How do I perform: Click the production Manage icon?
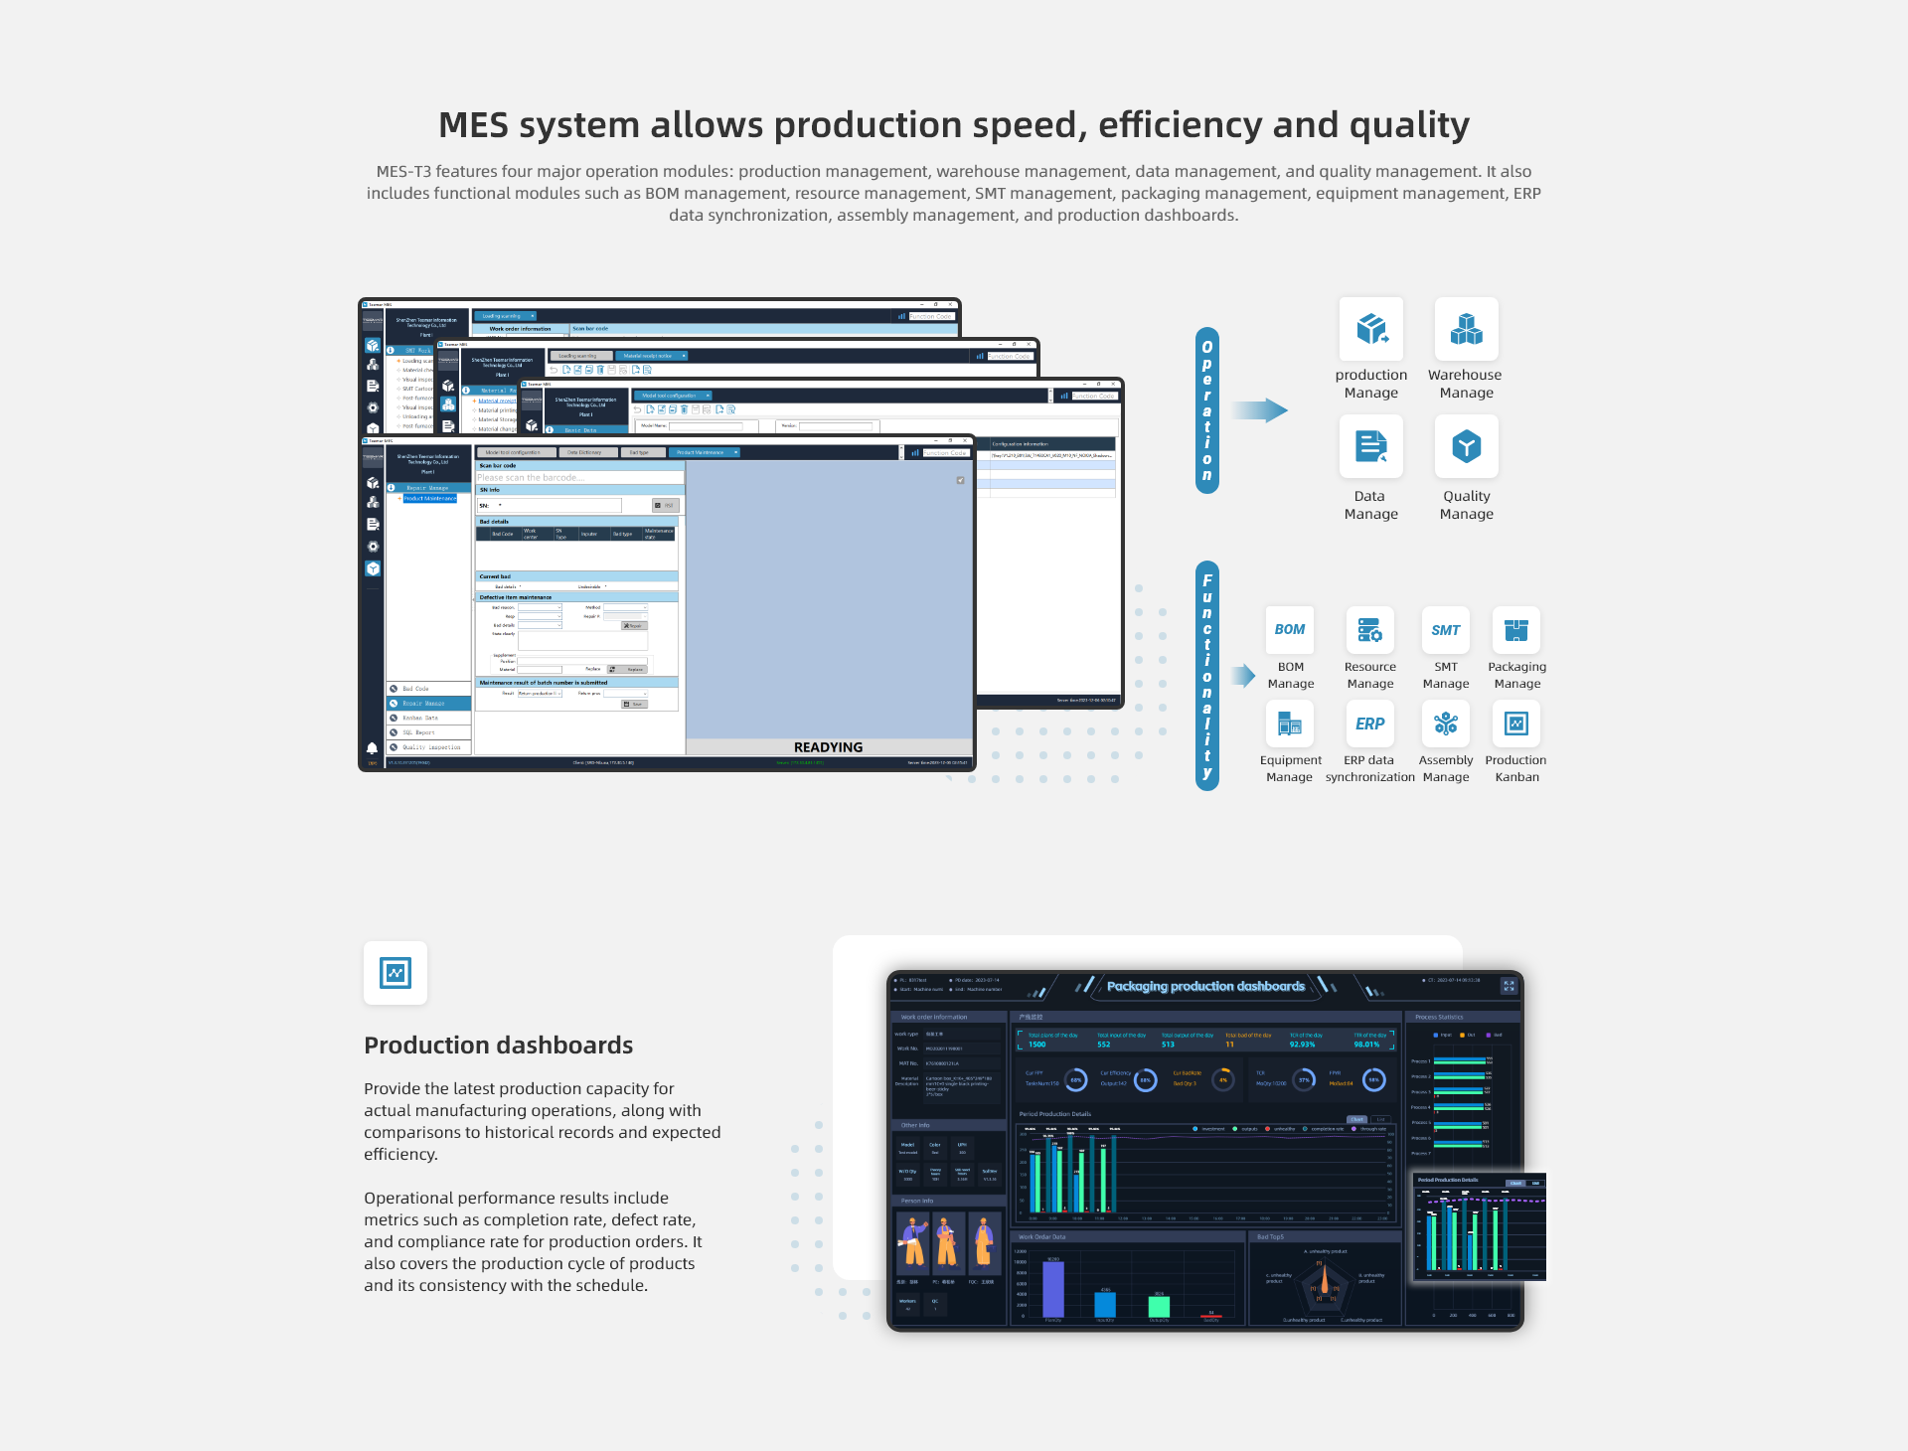[1371, 329]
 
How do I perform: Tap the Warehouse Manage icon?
[1466, 329]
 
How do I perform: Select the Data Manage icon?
[1371, 446]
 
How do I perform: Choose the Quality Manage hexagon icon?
[1466, 446]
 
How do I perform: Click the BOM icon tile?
[1290, 630]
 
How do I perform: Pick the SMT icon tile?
[1445, 630]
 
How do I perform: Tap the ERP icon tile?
[1369, 724]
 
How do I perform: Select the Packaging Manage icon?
[1516, 630]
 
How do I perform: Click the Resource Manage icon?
[1369, 630]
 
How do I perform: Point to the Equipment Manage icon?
[1290, 724]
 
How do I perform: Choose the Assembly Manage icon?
[1445, 724]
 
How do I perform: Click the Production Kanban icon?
[1516, 724]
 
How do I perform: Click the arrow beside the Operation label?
[1259, 410]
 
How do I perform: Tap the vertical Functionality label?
[1207, 676]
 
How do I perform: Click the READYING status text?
[828, 747]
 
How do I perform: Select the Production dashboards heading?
[498, 1046]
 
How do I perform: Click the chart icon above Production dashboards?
[396, 973]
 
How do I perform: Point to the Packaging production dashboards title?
[1205, 987]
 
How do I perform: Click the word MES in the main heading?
[474, 125]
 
